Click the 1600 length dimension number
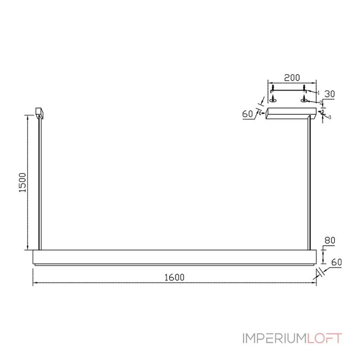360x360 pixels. tap(174, 277)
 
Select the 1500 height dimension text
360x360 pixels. tap(22, 183)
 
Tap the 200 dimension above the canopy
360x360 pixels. tap(292, 78)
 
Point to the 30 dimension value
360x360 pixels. tap(329, 94)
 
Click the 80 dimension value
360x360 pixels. tap(330, 240)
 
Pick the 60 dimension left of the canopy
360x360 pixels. tap(247, 114)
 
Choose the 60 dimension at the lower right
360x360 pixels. tap(337, 262)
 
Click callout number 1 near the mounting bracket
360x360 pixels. tap(318, 93)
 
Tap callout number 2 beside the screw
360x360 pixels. tap(321, 103)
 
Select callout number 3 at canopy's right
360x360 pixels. tap(330, 117)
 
